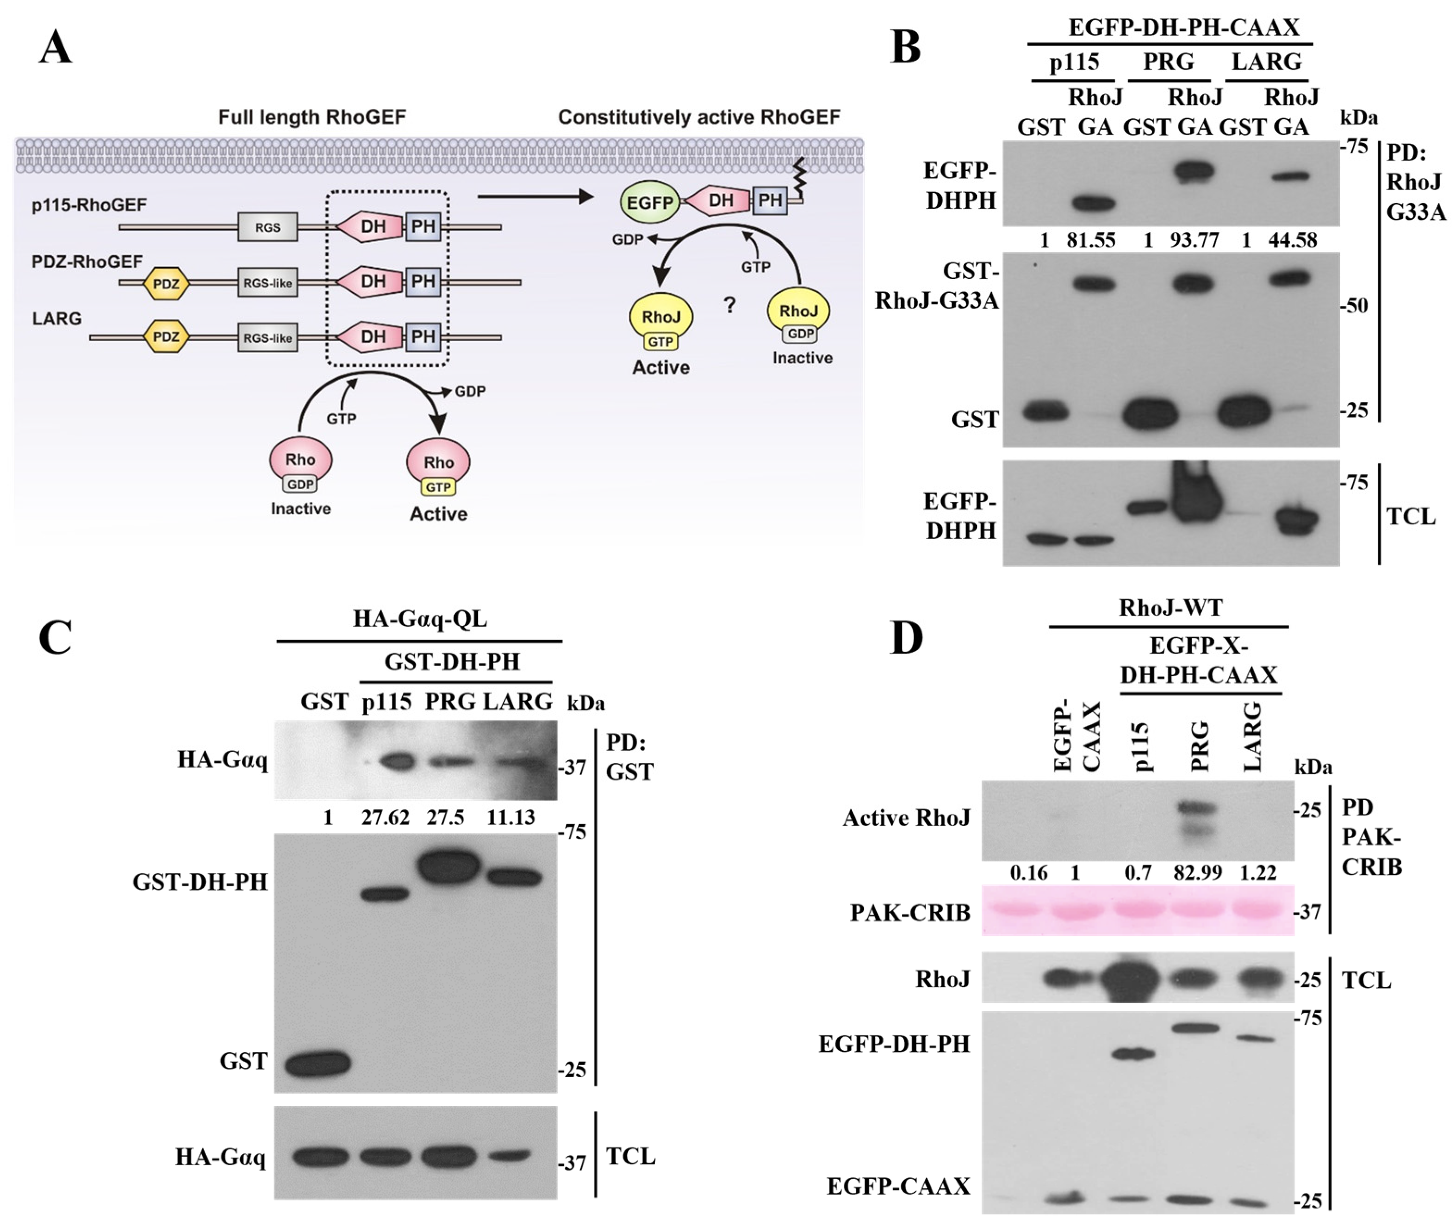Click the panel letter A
click(56, 49)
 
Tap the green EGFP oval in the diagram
click(649, 202)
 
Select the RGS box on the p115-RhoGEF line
click(268, 227)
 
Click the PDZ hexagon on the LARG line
click(166, 337)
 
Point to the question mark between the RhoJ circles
click(729, 305)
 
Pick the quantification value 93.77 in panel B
click(1194, 240)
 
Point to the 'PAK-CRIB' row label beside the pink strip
click(910, 912)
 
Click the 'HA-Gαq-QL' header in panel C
click(419, 618)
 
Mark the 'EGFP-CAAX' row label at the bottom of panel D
click(898, 1185)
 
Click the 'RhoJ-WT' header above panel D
click(1170, 608)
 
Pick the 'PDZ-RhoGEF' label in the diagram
click(87, 262)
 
